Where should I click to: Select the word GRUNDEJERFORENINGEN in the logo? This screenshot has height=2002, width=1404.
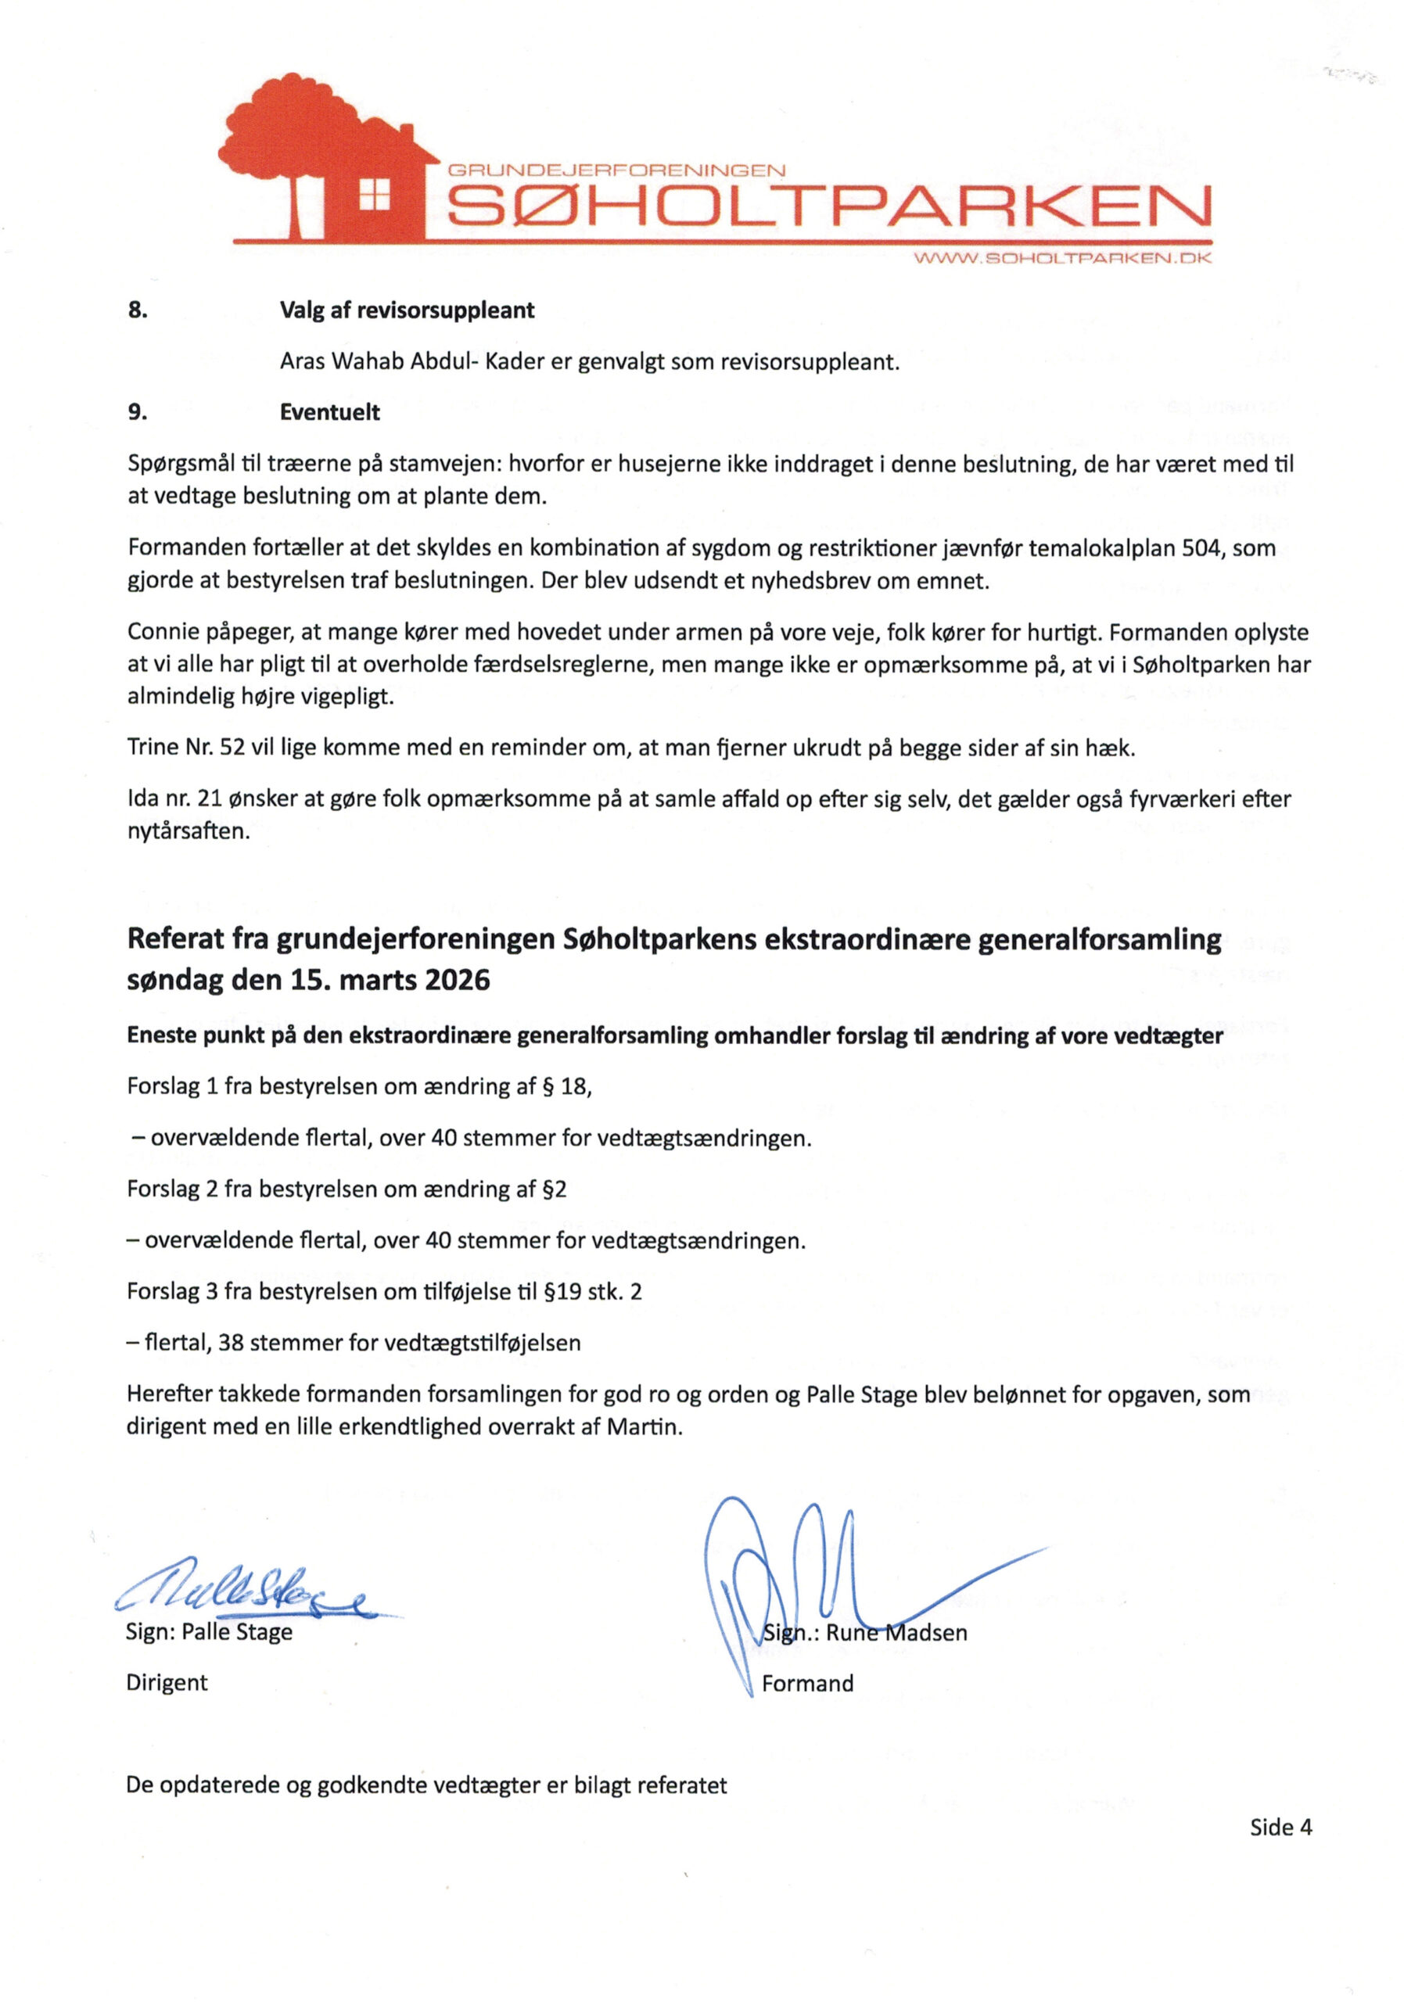point(616,172)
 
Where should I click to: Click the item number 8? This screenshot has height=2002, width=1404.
point(137,310)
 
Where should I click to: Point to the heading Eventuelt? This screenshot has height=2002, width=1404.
point(329,412)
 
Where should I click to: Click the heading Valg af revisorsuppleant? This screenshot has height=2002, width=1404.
point(407,310)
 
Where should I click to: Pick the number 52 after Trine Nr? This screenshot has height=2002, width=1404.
point(233,748)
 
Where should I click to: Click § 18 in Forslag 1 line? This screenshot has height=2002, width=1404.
point(572,1086)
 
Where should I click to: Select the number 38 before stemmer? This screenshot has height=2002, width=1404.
point(231,1343)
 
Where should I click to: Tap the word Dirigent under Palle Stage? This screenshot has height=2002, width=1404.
point(167,1682)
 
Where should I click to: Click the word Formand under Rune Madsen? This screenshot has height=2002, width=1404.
point(806,1683)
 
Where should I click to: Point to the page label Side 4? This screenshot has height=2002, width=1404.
point(1280,1827)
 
